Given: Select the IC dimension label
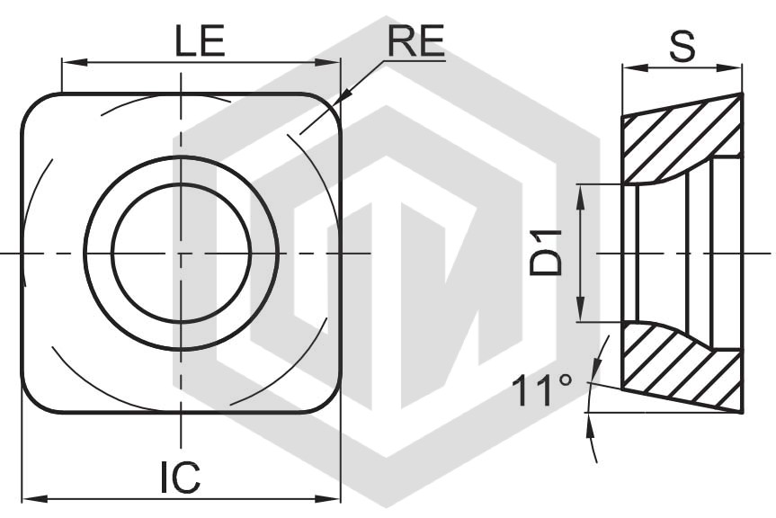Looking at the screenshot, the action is (180, 478).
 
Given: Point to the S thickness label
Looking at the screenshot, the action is (682, 46).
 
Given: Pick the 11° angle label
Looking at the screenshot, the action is (542, 390).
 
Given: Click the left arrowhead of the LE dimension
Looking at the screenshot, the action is (75, 62).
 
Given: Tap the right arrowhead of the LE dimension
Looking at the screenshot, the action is (328, 62).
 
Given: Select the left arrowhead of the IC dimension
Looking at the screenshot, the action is (35, 497).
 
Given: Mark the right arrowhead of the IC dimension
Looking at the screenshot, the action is (328, 497).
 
